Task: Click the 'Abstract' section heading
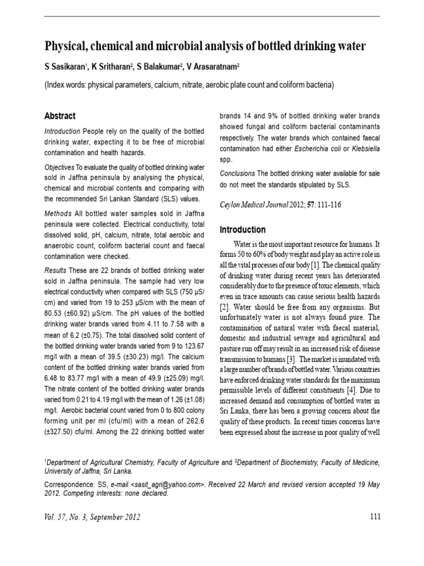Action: tap(60, 116)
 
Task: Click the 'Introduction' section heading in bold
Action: tap(242, 229)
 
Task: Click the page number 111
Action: tap(374, 517)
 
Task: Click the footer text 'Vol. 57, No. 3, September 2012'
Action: tap(92, 517)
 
